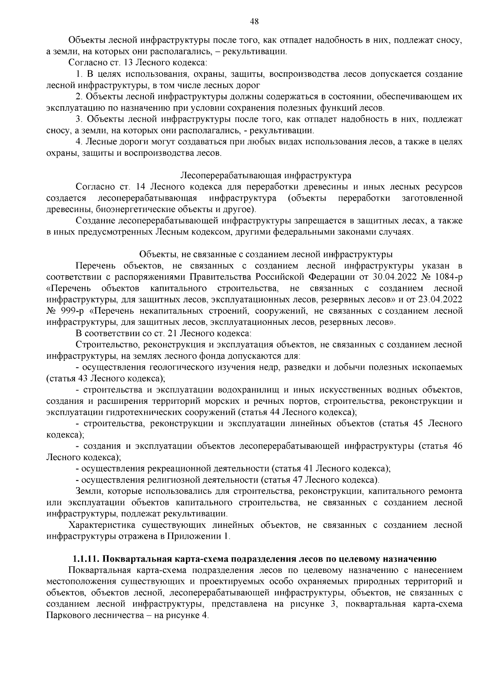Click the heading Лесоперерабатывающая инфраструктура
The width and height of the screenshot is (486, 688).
pos(266,176)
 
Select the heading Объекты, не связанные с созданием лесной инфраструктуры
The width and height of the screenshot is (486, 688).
pos(266,254)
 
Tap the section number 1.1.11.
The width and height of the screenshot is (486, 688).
pos(85,559)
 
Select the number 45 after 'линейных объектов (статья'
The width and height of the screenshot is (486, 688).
pos(419,424)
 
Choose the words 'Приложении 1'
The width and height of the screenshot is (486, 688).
pos(202,536)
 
